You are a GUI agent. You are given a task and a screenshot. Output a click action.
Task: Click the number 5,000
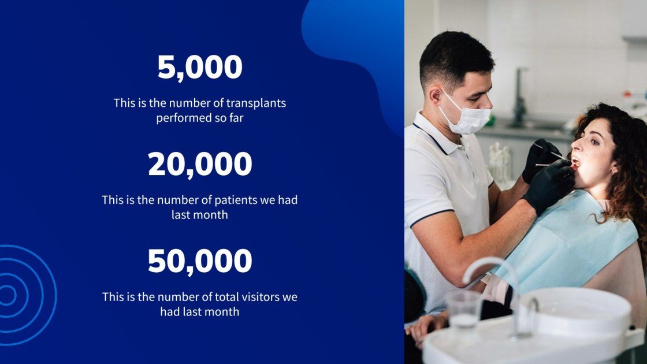[199, 68]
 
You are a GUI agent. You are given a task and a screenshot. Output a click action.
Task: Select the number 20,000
[199, 164]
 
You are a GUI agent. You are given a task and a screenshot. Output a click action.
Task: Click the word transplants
[256, 103]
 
